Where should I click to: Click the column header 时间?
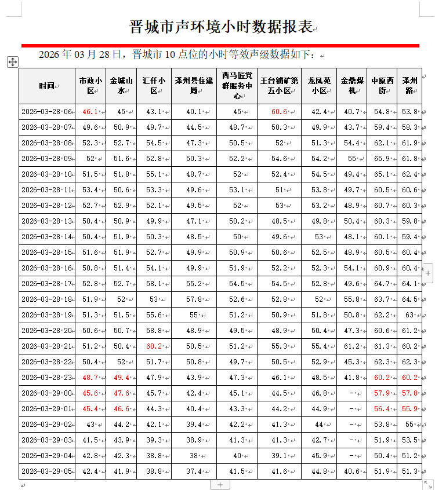pos(46,86)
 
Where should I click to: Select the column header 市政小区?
pos(90,86)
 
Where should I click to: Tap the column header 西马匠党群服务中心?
pos(237,86)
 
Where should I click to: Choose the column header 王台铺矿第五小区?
pos(279,86)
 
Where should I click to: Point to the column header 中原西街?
pos(382,86)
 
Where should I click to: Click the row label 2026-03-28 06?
pos(46,112)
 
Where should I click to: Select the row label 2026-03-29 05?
pos(46,471)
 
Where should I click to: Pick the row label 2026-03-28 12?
pos(46,206)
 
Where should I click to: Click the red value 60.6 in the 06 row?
pos(279,112)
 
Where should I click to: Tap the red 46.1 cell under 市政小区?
pos(90,112)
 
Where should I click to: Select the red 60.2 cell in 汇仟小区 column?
pos(154,346)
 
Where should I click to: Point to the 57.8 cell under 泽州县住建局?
pos(193,299)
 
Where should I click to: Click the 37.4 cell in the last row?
pos(193,471)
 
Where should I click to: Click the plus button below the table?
pos(220,485)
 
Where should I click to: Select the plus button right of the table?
pos(428,272)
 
